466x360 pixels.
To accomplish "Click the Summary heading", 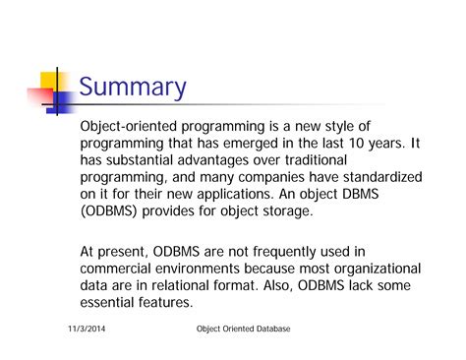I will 132,88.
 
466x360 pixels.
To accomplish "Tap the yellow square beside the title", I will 50,82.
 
